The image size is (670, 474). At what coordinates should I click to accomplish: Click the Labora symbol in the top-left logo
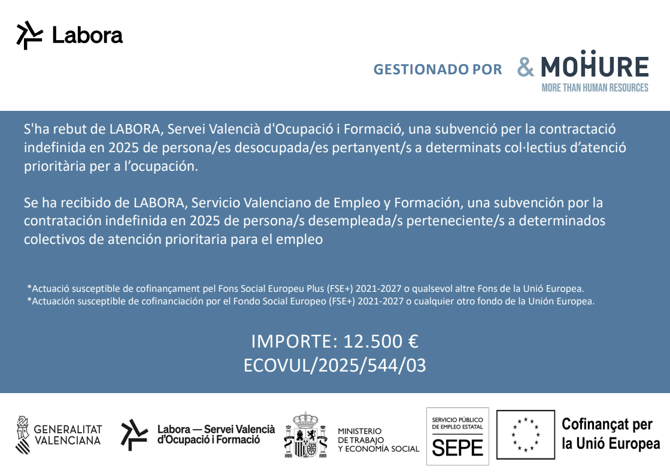(x=29, y=35)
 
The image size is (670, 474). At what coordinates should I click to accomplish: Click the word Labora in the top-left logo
(x=87, y=35)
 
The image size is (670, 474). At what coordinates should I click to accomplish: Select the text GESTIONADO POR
(x=438, y=70)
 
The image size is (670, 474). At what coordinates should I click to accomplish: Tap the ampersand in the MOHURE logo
(x=526, y=67)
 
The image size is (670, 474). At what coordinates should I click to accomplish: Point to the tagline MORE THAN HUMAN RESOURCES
(x=595, y=88)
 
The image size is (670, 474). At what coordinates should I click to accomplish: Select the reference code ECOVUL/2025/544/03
(x=335, y=365)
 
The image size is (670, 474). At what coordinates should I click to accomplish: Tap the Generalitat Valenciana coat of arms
(x=22, y=434)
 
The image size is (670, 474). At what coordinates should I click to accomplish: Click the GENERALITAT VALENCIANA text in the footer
(x=68, y=434)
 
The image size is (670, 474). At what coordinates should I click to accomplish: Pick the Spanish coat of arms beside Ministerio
(x=306, y=436)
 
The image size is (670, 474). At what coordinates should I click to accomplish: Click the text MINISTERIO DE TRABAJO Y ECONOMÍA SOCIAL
(x=378, y=440)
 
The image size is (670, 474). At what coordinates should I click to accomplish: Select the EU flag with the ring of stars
(x=526, y=434)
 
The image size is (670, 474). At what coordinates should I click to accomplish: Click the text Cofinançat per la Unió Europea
(x=611, y=434)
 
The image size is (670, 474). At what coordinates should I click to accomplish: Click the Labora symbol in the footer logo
(x=134, y=434)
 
